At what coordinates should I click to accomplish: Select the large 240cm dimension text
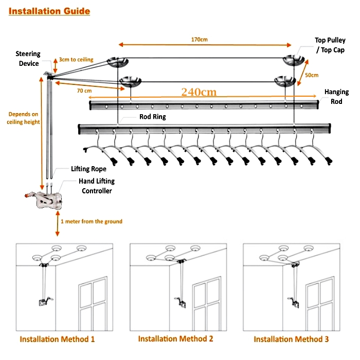(199, 92)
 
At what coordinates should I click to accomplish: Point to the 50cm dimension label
(312, 75)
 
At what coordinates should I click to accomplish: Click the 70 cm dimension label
(84, 91)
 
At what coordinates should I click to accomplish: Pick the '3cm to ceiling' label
(76, 60)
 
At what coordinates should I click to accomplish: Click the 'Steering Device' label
(27, 59)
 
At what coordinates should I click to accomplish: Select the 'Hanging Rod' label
(336, 96)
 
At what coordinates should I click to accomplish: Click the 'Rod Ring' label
(153, 117)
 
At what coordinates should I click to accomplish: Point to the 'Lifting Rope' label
(88, 169)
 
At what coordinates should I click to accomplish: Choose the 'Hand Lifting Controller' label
(96, 186)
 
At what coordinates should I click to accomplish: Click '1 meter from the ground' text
(92, 222)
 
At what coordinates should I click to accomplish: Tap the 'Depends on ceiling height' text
(23, 118)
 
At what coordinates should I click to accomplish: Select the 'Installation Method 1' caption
(57, 339)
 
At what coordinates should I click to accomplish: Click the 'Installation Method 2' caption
(175, 339)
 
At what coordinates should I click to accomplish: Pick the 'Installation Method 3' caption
(292, 339)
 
